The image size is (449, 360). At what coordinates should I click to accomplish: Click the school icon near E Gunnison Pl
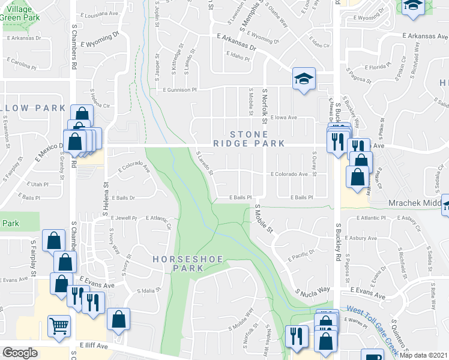304,79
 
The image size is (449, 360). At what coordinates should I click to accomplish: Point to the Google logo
19,353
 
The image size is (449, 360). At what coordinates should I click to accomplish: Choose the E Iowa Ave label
283,118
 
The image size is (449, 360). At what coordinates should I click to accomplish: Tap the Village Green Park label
20,13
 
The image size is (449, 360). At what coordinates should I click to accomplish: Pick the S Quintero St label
399,335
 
